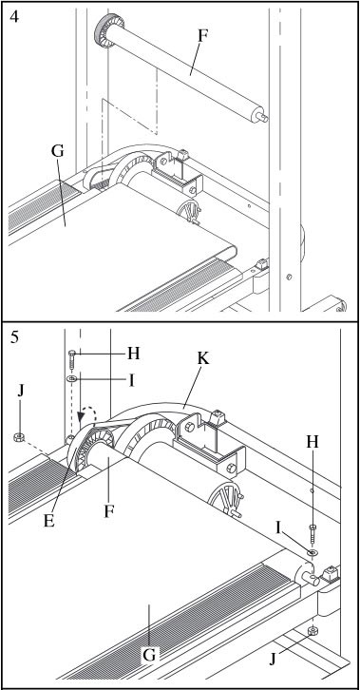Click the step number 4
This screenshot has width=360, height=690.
(x=14, y=18)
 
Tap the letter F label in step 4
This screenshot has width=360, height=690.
(x=202, y=36)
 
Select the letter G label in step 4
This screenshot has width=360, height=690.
(x=58, y=151)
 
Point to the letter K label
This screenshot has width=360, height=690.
(x=203, y=358)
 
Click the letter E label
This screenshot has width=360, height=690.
(x=48, y=521)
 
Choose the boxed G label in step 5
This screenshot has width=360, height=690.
(x=149, y=655)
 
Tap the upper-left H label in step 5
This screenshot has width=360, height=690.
(x=134, y=354)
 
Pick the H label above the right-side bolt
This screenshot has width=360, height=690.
(x=313, y=442)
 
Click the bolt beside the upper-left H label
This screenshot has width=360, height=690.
(x=72, y=359)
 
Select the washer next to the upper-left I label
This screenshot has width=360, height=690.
(x=72, y=378)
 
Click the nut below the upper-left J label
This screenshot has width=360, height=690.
(x=18, y=437)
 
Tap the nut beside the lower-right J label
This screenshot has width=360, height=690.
(x=313, y=630)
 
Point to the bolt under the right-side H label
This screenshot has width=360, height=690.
(x=313, y=533)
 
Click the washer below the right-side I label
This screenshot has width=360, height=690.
(x=313, y=552)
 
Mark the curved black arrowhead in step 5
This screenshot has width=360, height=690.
(x=82, y=416)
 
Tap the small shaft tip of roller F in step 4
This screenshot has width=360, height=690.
(x=263, y=117)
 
